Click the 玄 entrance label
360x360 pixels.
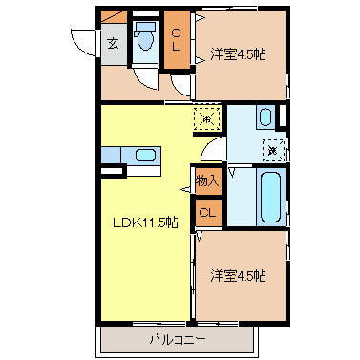point(113,42)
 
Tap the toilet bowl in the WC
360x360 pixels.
point(145,41)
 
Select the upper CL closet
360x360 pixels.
point(177,40)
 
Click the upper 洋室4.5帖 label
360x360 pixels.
point(238,54)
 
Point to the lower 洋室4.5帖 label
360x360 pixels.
point(238,276)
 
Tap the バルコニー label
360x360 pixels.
point(178,339)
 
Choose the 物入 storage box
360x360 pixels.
point(207,180)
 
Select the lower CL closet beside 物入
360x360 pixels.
point(206,213)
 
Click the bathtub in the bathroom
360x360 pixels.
point(269,197)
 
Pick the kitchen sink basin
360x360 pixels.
point(146,156)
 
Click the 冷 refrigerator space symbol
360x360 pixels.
point(207,119)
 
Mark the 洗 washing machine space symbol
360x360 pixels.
point(272,150)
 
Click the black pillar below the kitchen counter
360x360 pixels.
point(113,172)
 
